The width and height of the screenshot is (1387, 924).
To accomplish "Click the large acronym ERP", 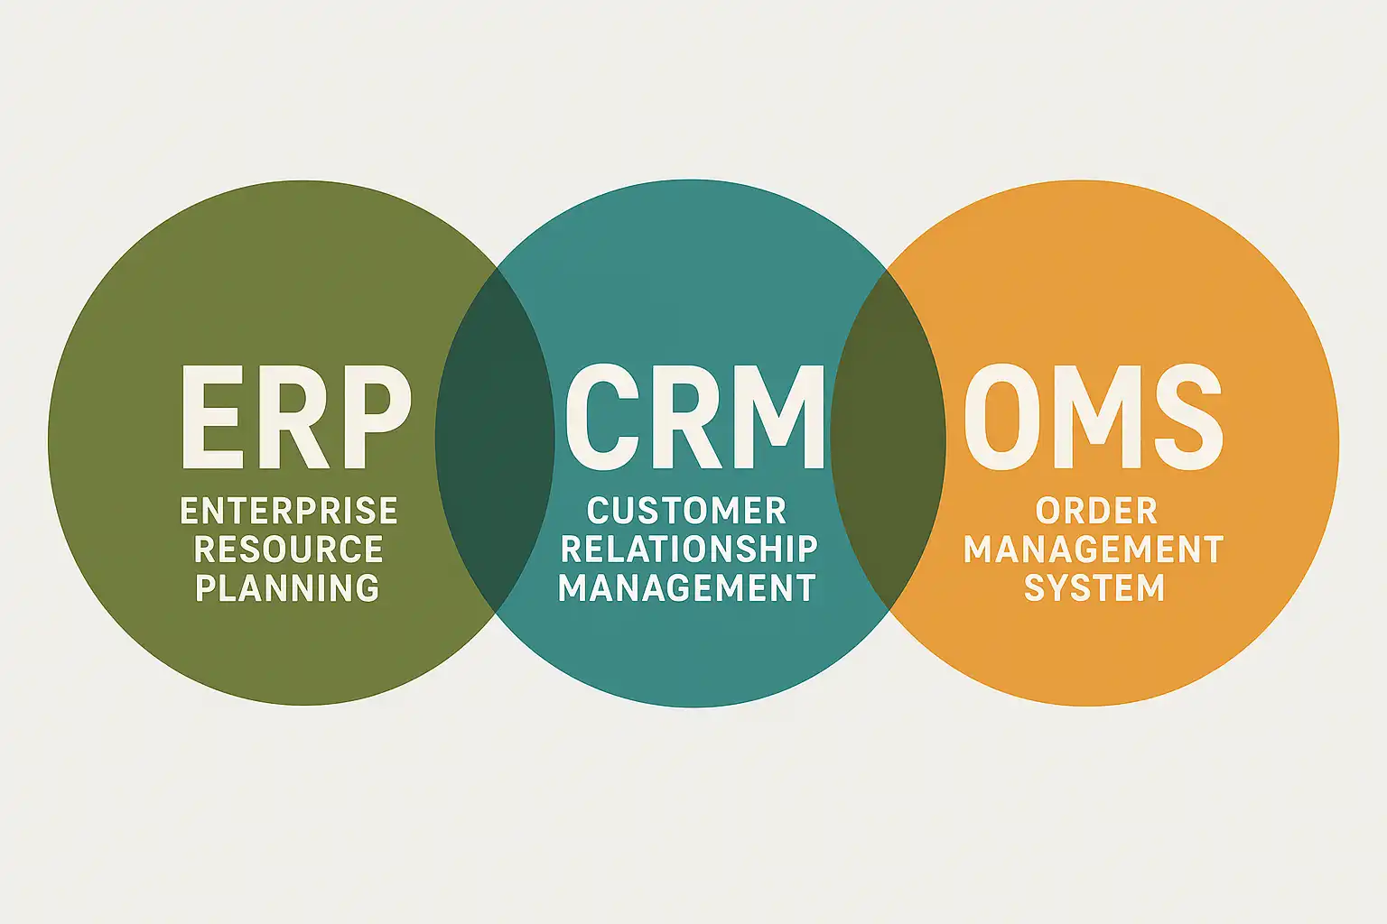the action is [x=296, y=417].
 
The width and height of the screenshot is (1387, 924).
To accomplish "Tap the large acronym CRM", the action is [x=694, y=417].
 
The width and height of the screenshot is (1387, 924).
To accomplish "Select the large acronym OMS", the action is [x=1093, y=417].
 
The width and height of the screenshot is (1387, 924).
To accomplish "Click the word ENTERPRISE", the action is [x=289, y=512].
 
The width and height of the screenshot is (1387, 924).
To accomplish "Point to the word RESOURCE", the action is [x=289, y=550].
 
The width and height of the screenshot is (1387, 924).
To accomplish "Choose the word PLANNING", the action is [x=287, y=588].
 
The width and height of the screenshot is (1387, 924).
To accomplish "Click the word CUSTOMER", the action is [x=686, y=512].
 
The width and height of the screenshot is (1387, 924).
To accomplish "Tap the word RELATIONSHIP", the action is [x=689, y=550].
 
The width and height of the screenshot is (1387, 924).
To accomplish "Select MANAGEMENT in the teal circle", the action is [x=686, y=588].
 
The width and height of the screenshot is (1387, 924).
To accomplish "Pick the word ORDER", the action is [x=1096, y=512].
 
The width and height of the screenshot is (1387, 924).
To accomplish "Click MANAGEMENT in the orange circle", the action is [x=1094, y=550].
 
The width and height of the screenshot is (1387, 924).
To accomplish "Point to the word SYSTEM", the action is [x=1094, y=588].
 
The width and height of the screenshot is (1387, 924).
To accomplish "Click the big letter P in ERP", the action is [x=377, y=417].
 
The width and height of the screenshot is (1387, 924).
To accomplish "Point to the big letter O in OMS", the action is [x=1000, y=417].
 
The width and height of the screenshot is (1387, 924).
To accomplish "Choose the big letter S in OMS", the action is [x=1185, y=417].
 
